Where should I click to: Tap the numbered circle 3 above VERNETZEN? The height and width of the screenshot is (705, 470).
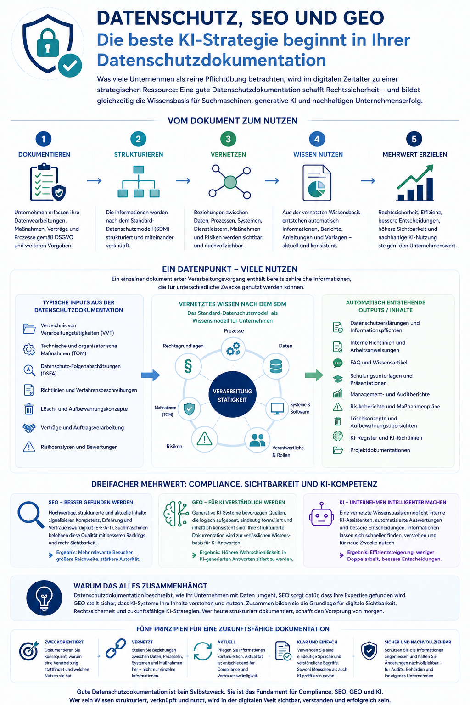point(228,139)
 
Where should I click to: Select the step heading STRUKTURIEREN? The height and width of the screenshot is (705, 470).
point(139,154)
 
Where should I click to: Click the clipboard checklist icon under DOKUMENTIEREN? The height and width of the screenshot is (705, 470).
point(48,183)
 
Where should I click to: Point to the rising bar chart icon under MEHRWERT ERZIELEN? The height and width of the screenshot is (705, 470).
point(415,183)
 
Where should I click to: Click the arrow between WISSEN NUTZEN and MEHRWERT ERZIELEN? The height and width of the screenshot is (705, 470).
point(368,181)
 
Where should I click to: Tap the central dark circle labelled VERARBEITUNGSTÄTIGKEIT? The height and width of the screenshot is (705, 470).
point(233,394)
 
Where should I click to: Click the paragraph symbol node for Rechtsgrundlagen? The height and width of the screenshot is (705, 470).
point(188,366)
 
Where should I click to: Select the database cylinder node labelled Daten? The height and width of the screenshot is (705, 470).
point(276,366)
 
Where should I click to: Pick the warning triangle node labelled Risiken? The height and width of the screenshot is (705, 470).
point(204,439)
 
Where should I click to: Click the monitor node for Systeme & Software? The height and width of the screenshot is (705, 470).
point(277,408)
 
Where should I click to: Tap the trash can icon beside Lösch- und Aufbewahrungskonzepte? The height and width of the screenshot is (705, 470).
point(29,409)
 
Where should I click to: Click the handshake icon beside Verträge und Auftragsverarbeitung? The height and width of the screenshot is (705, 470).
point(29,428)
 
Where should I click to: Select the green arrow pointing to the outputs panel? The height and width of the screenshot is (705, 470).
point(314,375)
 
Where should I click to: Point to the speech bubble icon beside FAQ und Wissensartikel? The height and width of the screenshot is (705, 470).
point(338,363)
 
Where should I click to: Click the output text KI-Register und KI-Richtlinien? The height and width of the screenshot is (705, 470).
point(386,438)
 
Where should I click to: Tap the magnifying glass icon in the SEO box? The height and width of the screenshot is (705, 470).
point(31,515)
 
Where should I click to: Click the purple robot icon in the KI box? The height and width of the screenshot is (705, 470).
point(321,514)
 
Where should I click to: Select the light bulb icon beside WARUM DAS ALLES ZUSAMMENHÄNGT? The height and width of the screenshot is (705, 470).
point(44,598)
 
